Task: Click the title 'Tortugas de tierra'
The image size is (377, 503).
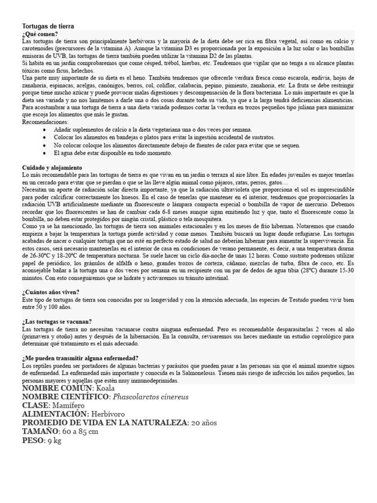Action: (x=48, y=26)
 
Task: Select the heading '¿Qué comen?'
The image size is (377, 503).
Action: (x=40, y=34)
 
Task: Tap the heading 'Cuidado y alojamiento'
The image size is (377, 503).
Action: (x=53, y=168)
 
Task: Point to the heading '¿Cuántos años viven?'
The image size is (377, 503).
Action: (x=51, y=292)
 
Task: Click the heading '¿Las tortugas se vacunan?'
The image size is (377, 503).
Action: (x=57, y=321)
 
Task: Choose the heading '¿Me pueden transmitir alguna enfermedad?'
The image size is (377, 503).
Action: (x=81, y=358)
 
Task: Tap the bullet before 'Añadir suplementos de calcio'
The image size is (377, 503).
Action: (x=45, y=130)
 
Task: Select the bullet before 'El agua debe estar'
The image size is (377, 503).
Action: (x=45, y=153)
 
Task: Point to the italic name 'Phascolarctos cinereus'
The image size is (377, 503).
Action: (x=151, y=397)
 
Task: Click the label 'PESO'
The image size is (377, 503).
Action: (x=32, y=441)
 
